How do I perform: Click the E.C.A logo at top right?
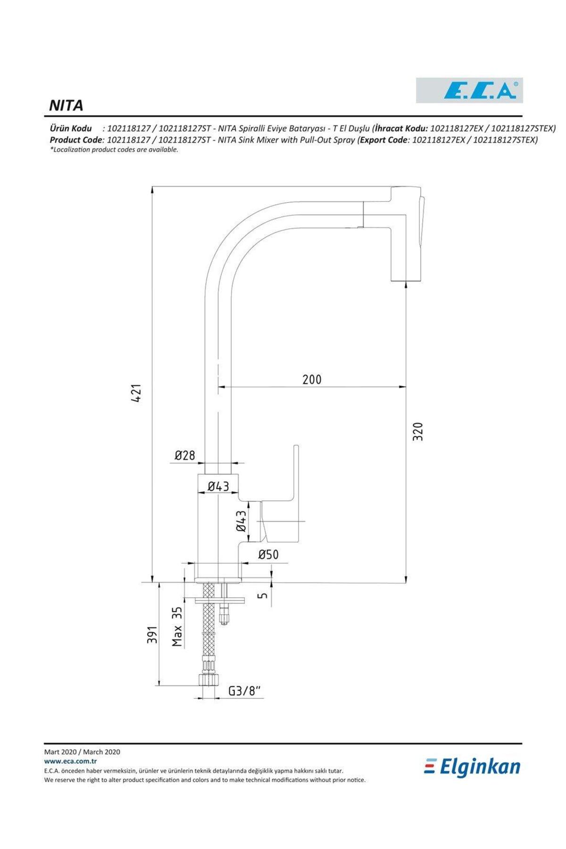[x=469, y=90]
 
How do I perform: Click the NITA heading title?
[x=66, y=105]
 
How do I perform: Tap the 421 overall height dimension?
[x=136, y=393]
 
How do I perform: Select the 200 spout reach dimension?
[x=312, y=379]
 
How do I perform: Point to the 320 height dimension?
[x=417, y=431]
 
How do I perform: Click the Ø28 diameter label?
[x=185, y=455]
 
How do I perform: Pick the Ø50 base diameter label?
[x=268, y=555]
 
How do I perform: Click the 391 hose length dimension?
[x=151, y=635]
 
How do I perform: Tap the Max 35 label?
[x=176, y=626]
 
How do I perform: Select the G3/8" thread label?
[x=245, y=691]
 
